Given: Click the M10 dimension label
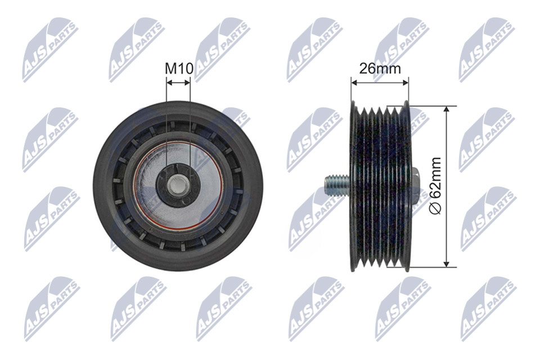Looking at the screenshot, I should coord(179,69).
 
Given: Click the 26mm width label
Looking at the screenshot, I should coord(380,69).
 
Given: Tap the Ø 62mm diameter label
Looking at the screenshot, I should coord(435,185).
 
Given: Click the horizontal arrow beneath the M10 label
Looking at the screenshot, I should coord(179,82).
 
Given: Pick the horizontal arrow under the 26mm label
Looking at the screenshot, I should coord(380,82).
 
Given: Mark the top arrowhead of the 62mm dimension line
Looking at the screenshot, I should coord(446,109).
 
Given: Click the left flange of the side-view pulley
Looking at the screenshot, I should coord(354,186).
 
